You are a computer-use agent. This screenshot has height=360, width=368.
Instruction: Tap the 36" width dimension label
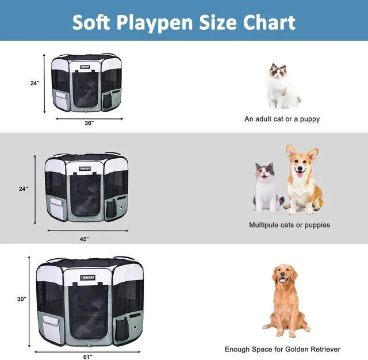89,123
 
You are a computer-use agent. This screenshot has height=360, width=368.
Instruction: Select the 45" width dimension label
84,239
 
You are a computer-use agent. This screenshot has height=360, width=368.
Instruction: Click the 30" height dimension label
22,298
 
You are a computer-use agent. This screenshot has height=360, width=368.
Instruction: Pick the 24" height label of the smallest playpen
34,83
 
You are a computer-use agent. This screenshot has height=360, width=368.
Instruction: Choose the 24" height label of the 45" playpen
23,189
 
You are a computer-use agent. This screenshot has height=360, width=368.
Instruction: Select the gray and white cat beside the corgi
266,187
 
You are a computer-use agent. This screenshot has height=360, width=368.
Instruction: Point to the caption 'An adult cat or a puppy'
282,119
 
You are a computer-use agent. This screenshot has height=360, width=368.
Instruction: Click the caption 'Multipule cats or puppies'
289,225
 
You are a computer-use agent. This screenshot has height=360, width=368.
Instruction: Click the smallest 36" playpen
89,83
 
